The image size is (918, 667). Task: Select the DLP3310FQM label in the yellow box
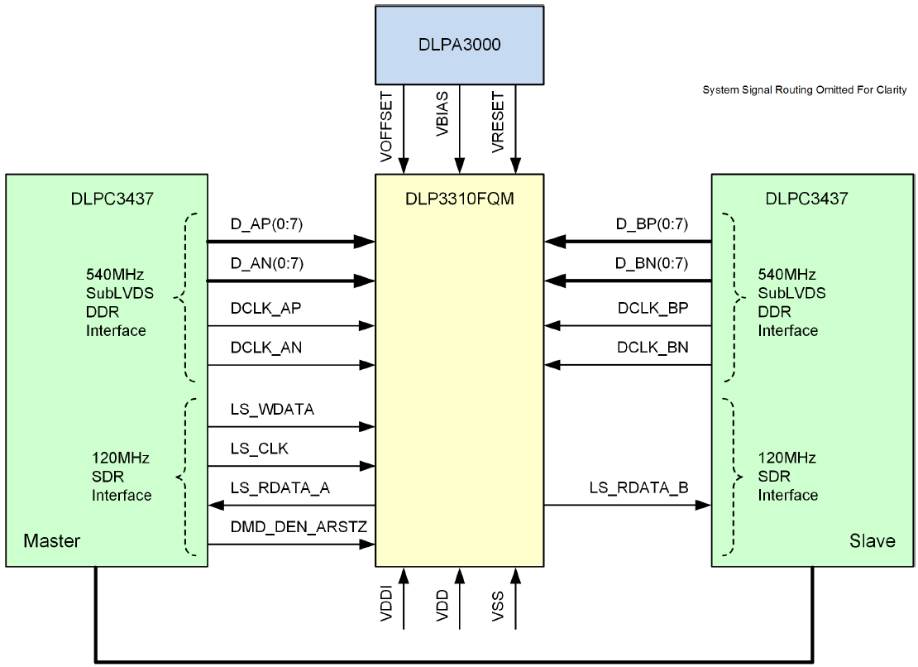click(x=459, y=199)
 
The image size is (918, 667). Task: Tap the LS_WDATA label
click(x=261, y=409)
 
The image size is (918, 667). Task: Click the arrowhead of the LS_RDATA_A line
click(x=217, y=505)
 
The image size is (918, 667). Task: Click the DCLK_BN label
click(x=652, y=348)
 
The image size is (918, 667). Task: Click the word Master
click(x=52, y=540)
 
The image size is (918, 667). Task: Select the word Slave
click(x=872, y=540)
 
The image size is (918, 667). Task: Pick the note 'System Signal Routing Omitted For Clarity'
click(x=804, y=89)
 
